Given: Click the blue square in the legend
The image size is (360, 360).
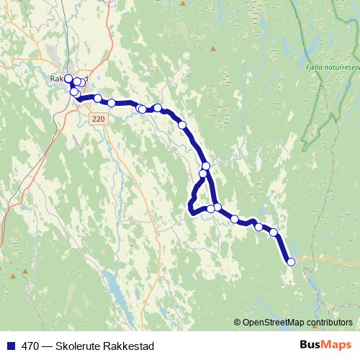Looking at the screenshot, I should tap(11, 346).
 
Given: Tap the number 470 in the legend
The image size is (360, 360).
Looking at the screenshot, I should tap(30, 346).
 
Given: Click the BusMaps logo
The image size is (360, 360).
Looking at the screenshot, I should tap(325, 346).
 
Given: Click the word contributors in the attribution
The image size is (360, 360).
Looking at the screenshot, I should tap(330, 323).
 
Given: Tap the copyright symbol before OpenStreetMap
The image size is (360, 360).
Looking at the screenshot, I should tap(238, 323).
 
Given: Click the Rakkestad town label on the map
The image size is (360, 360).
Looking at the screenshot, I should tap(68, 79).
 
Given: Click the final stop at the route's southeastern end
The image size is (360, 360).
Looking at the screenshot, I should tap(291, 262).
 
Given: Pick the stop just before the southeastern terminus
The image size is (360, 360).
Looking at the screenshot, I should tap(273, 232).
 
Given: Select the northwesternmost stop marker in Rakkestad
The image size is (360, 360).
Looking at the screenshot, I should tap(68, 78).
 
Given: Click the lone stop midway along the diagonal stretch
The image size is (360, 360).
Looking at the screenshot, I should tap(182, 125).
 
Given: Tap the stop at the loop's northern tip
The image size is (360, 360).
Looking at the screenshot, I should tap(206, 166).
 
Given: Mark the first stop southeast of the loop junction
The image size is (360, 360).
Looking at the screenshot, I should tap(235, 219).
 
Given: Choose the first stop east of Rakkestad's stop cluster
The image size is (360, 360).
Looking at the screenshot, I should tap(97, 98).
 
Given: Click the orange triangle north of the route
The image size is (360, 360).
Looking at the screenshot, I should tap(212, 49).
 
